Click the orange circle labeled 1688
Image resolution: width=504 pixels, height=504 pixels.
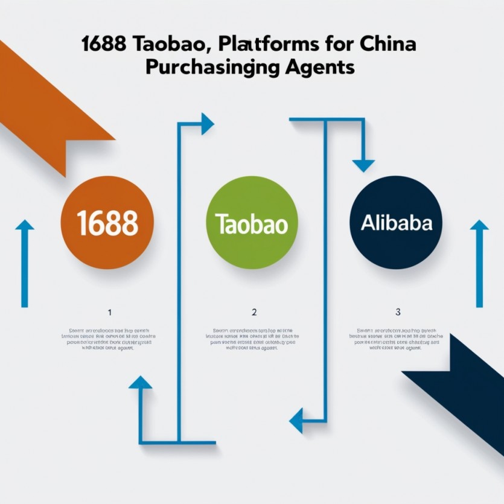[108, 222]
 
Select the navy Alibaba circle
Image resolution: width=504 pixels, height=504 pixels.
[396, 222]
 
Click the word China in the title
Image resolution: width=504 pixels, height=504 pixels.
[387, 45]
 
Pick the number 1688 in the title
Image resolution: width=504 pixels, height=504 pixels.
[104, 45]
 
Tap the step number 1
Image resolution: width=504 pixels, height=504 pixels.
[109, 312]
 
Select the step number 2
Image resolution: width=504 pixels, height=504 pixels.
[254, 312]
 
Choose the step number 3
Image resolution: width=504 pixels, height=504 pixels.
[398, 312]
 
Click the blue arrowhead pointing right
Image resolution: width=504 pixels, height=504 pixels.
[208, 124]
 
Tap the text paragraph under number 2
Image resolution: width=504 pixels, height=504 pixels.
[254, 339]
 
